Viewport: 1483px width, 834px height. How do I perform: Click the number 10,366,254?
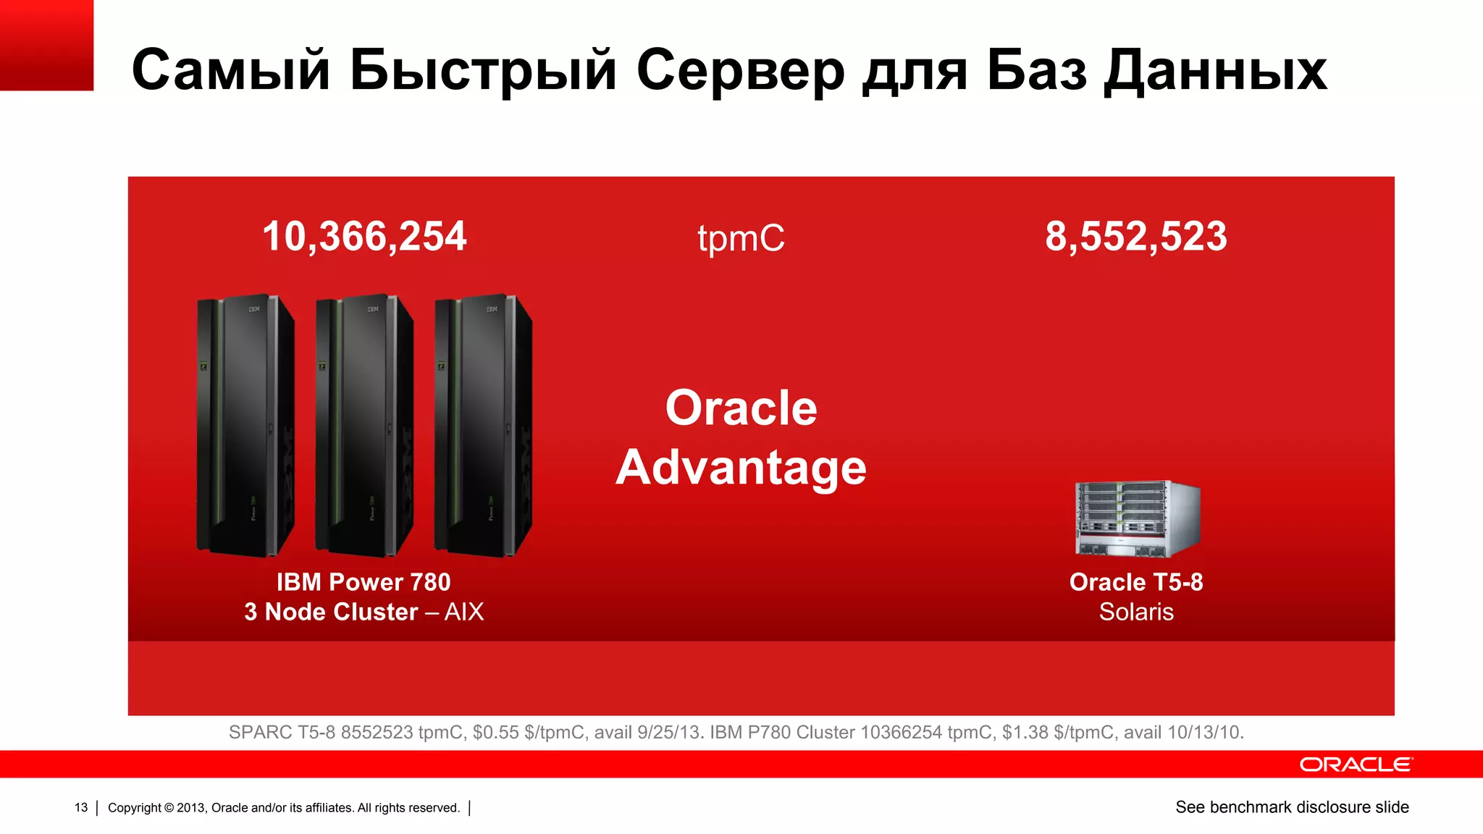coord(364,237)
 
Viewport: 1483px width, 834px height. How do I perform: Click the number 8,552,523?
coord(1135,237)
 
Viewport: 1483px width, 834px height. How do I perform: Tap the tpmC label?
coord(741,238)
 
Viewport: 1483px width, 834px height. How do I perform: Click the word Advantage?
coord(741,468)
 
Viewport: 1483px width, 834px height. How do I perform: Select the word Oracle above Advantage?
coord(741,408)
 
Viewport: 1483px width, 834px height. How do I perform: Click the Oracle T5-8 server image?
coord(1137,518)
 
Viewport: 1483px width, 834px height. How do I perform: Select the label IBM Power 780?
coord(364,582)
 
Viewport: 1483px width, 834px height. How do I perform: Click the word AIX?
coord(463,612)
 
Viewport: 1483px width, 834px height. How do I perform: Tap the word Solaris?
coord(1135,612)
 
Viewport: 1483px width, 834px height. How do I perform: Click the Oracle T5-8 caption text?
coord(1135,582)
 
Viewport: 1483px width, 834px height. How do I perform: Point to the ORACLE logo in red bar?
coord(1355,764)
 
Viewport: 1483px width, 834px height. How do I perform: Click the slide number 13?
coord(81,807)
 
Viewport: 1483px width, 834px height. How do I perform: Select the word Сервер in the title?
coord(740,71)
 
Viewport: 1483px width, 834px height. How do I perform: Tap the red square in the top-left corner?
coord(46,45)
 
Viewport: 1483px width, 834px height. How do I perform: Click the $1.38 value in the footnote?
coord(1025,733)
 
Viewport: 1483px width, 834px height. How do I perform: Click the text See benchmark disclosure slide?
coord(1292,807)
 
